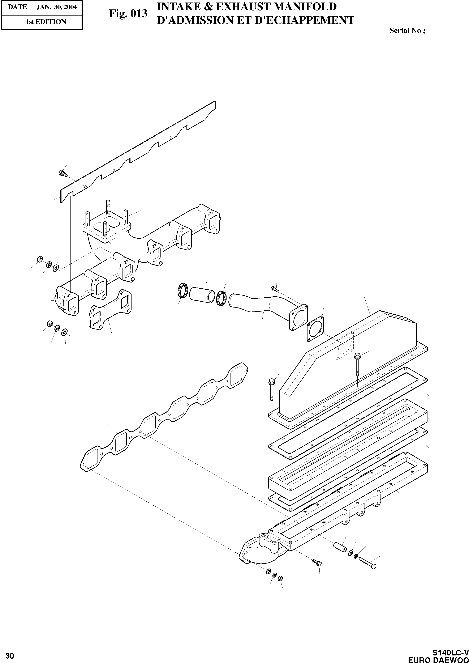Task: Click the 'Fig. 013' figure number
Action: [x=128, y=14]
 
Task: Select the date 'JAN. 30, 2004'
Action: [x=57, y=7]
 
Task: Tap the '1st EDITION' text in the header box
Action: [x=46, y=22]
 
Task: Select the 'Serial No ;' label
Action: [x=407, y=31]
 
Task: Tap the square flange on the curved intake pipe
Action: [x=298, y=317]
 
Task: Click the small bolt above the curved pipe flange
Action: [x=274, y=288]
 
